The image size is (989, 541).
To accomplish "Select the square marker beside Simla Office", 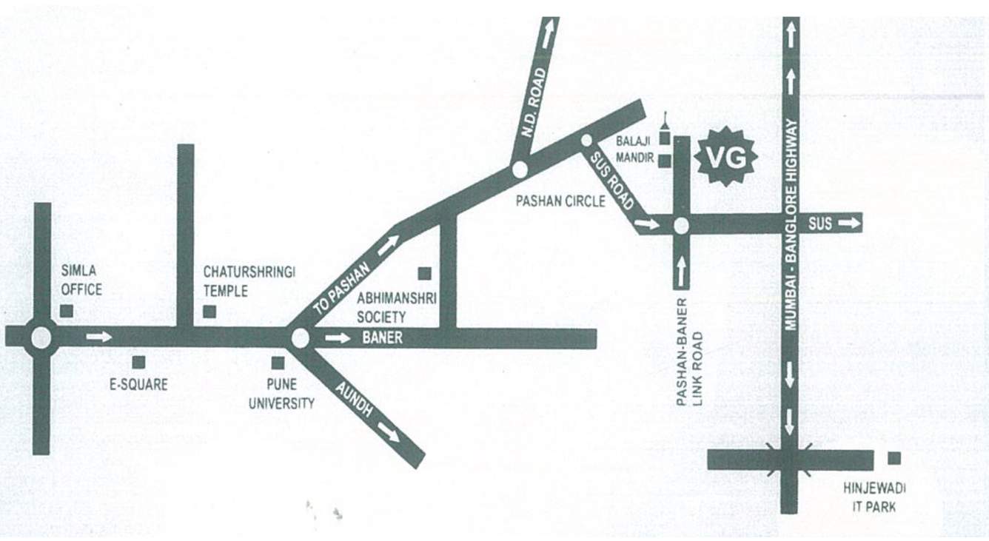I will pos(67,311).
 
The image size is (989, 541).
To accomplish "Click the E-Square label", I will pos(138,385).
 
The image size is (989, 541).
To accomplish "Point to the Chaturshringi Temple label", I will pos(249,282).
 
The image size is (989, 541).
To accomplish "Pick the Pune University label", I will pos(281,394).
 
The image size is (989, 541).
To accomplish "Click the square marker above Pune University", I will pos(278,363).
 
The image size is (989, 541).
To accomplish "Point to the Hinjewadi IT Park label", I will pos(874,497).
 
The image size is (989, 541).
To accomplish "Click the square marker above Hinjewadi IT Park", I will pos(894,458).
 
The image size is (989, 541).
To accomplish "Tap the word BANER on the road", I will pos(383,338).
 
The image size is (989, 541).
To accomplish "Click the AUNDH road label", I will pos(354,400).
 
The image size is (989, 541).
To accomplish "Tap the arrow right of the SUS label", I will pos(851,223).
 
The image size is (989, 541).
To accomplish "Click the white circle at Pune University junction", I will pos(300,338).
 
